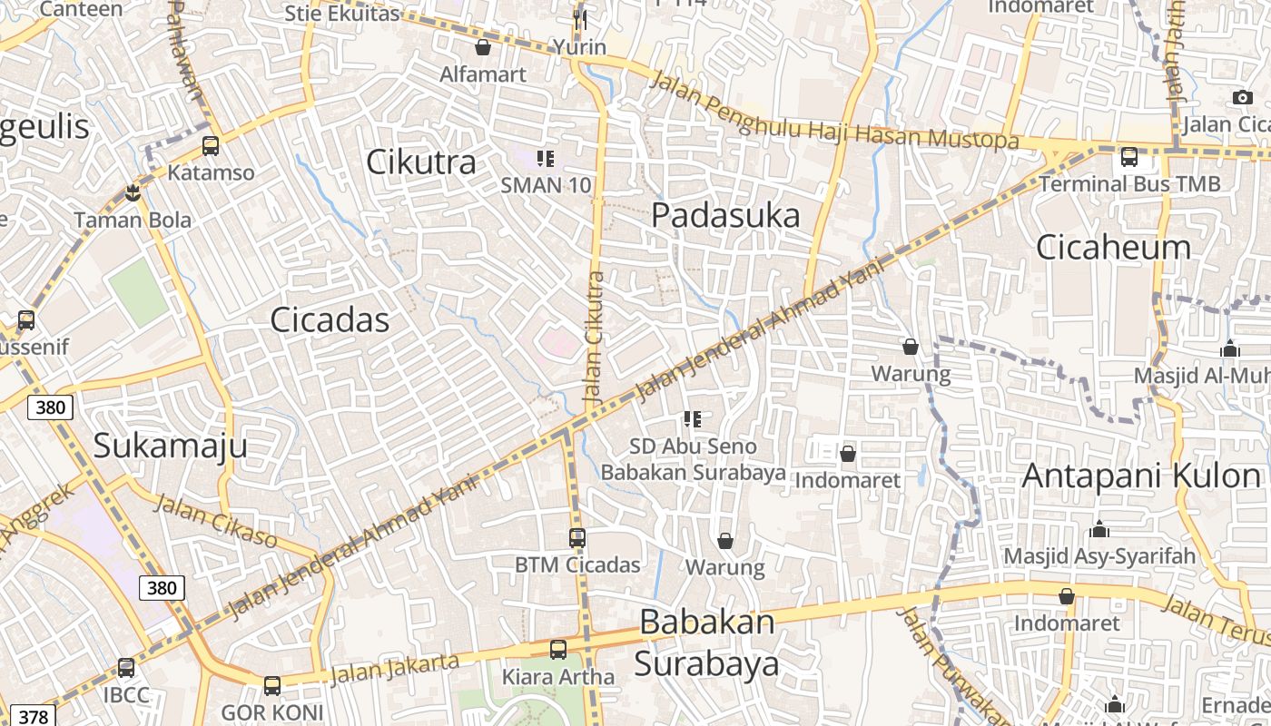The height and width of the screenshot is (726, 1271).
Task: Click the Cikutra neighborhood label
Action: click(x=421, y=162)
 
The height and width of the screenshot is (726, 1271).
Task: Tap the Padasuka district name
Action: click(x=726, y=216)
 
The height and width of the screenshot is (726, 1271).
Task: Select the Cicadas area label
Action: click(x=330, y=320)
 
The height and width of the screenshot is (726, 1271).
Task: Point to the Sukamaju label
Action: click(x=170, y=446)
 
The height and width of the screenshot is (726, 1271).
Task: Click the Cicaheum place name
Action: click(x=1113, y=247)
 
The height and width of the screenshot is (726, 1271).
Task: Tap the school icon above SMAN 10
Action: click(x=546, y=159)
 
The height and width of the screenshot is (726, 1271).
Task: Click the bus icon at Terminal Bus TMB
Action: click(x=1129, y=157)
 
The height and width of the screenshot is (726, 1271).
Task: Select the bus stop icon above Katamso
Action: click(x=211, y=145)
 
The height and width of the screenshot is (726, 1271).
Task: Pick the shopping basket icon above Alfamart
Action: click(x=483, y=47)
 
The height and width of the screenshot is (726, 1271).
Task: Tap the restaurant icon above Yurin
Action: click(x=580, y=19)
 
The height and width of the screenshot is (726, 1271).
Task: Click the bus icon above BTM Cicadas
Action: click(x=577, y=538)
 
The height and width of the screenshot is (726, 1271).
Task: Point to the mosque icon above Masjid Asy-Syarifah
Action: click(x=1099, y=529)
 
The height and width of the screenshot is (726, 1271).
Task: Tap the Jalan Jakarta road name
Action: click(x=394, y=669)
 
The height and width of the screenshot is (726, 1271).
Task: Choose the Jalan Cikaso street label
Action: click(x=215, y=520)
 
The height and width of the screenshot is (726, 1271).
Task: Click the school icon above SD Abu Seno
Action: click(x=693, y=419)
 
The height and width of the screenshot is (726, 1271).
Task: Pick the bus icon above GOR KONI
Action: click(x=271, y=686)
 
